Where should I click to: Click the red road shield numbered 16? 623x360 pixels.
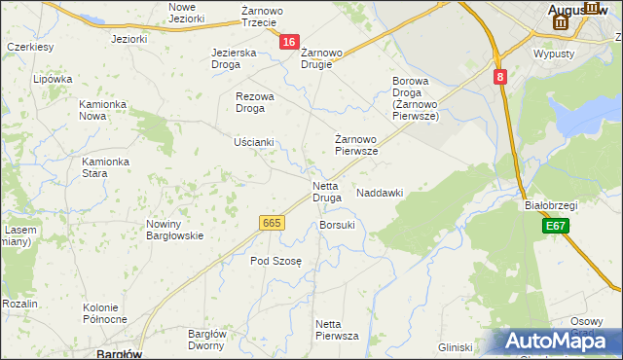click(x=289, y=42)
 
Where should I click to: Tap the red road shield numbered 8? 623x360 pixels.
click(x=499, y=76)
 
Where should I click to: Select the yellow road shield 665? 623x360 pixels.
click(x=273, y=224)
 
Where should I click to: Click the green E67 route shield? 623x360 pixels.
click(x=556, y=226)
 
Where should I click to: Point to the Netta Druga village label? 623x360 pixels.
click(x=326, y=192)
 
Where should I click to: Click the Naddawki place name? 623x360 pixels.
click(x=380, y=193)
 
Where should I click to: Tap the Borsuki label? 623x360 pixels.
click(x=337, y=225)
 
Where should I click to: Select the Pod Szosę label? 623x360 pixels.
click(x=276, y=261)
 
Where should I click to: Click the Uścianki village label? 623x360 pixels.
click(x=254, y=142)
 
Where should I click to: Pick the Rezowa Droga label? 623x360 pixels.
click(x=256, y=102)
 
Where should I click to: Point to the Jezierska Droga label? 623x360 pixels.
click(x=234, y=58)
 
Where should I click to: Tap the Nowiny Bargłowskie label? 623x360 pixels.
click(x=174, y=230)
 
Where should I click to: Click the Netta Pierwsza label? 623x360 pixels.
click(x=337, y=329)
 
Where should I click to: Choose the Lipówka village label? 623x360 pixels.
click(x=53, y=80)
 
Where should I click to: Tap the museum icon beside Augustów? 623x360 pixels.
click(x=559, y=21)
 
